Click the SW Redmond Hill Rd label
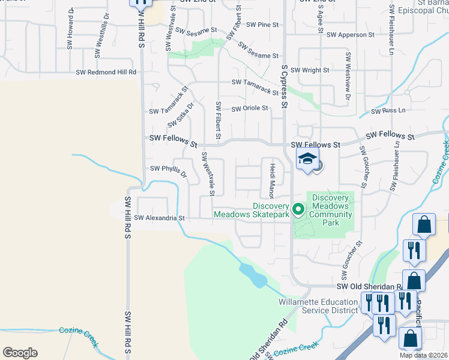coord(106,72)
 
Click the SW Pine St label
coord(259,25)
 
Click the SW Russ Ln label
coord(388,111)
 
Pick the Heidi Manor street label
coord(272,181)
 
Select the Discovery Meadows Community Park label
coord(331,210)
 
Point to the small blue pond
coord(254,275)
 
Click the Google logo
coord(20,353)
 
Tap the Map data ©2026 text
coord(424,356)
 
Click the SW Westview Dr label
coord(347,76)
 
